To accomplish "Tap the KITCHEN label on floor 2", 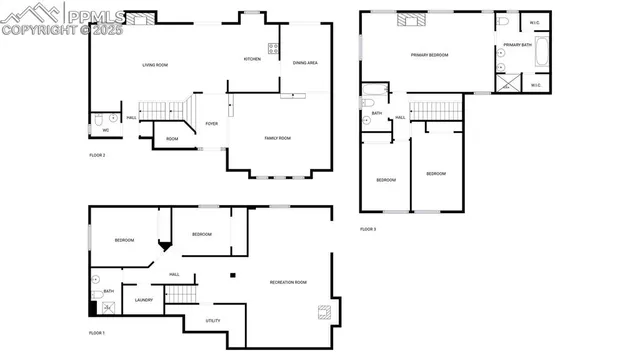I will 253,59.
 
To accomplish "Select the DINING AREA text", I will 305,63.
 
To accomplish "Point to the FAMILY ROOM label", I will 278,137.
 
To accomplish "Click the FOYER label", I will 212,124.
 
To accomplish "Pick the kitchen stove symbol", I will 272,47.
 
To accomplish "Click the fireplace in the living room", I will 143,18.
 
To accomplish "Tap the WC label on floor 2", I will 105,130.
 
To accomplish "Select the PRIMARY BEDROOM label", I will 427,55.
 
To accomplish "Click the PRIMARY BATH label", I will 517,45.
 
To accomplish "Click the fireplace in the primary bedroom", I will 411,18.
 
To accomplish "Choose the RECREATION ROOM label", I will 288,282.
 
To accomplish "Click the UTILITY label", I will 212,321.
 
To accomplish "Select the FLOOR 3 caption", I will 368,229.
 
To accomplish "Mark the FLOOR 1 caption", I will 96,332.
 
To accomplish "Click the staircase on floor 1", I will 178,294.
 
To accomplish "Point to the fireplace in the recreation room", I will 323,312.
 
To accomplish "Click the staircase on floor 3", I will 437,109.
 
